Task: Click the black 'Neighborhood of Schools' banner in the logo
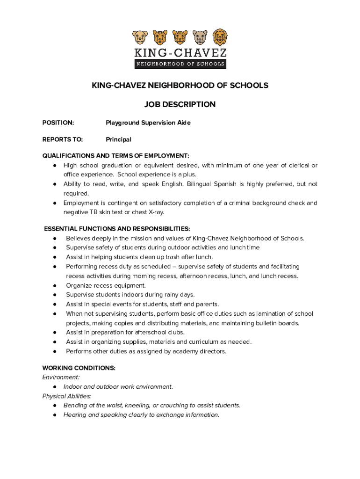[180, 64]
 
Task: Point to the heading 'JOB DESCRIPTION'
[180, 104]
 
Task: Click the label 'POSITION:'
[58, 123]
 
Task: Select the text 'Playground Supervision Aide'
[148, 123]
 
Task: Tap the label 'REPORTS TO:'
[62, 139]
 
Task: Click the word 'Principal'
[118, 139]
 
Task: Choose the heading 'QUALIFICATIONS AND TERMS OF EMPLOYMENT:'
[115, 156]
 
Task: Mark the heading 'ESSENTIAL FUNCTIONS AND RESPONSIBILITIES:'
[117, 229]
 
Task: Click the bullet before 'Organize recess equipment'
[55, 285]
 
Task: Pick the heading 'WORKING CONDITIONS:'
[79, 368]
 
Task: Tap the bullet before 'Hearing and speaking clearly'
[55, 415]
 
